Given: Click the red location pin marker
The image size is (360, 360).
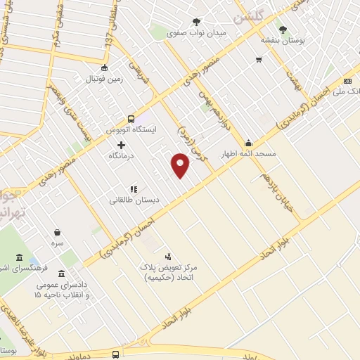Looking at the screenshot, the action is coord(181,166).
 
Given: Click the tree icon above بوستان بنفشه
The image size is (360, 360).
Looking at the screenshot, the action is coord(283,30).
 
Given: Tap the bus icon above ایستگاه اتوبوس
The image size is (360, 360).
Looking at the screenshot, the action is coord(131,119).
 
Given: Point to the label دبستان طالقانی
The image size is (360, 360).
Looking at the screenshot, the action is coord(134,200).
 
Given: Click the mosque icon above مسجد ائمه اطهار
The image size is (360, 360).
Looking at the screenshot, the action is coord(249,142).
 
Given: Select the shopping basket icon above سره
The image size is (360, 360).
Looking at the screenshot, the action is coord(57,232).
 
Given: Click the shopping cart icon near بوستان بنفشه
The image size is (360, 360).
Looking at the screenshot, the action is coord(259,59).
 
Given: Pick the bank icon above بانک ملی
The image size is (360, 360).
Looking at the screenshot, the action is coord(347,81).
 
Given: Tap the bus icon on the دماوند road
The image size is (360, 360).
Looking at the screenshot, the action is coord(115,355).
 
